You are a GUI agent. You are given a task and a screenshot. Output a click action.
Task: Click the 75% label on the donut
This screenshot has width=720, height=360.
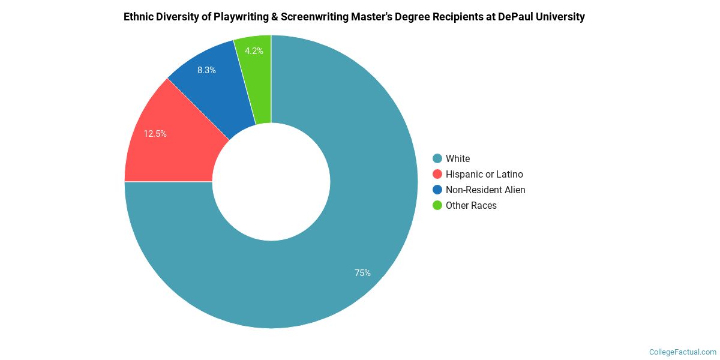click(362, 273)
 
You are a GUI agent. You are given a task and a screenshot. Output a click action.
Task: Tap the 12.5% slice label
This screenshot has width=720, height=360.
click(155, 134)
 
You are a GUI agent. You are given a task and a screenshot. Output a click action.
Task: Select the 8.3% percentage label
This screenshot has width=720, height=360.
click(206, 70)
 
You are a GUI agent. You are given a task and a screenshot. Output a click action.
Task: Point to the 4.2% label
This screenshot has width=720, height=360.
click(254, 51)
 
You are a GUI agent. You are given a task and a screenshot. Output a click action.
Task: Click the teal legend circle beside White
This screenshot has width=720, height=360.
click(437, 158)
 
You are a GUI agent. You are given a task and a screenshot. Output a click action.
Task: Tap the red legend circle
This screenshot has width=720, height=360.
click(437, 174)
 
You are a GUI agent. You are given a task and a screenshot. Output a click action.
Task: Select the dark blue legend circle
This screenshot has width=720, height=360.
click(437, 190)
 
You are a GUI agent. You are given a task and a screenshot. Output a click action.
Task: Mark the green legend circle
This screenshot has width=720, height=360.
click(437, 205)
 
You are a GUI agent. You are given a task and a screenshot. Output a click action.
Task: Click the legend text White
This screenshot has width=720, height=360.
click(458, 158)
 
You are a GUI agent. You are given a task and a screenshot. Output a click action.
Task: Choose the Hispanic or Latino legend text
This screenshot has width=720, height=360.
click(484, 174)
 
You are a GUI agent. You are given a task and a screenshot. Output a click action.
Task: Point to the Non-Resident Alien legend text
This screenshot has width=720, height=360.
click(485, 190)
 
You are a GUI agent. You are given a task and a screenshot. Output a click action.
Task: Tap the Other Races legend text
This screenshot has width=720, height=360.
click(471, 205)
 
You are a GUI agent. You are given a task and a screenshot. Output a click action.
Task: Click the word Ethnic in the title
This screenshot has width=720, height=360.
click(140, 17)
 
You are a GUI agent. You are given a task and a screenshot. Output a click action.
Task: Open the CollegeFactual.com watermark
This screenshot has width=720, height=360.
click(683, 352)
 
